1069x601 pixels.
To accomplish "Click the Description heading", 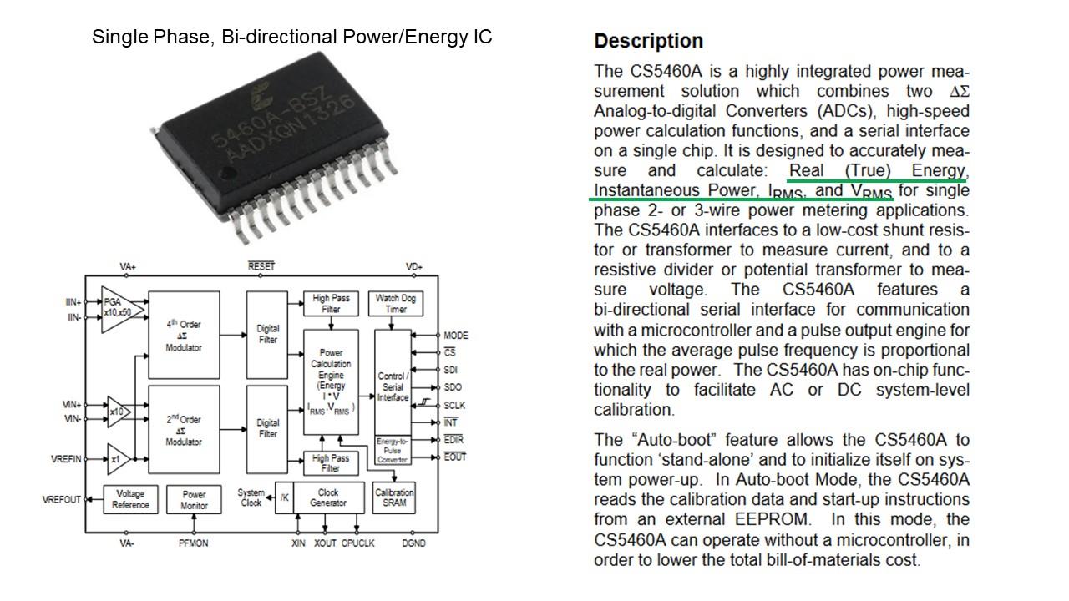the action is pyautogui.click(x=649, y=41).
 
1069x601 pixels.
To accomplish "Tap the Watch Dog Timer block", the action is pyautogui.click(x=396, y=304).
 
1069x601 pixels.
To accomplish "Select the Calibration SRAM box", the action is pyautogui.click(x=394, y=497).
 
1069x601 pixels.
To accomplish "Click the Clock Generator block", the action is pyautogui.click(x=328, y=497).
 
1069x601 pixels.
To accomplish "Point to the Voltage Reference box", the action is pyautogui.click(x=130, y=499).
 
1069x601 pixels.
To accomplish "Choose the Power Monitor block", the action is pyautogui.click(x=194, y=499).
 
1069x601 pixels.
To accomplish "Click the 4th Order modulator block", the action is pyautogui.click(x=184, y=336).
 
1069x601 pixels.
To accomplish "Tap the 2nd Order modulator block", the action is pyautogui.click(x=184, y=430).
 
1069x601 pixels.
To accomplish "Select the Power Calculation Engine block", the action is pyautogui.click(x=332, y=382).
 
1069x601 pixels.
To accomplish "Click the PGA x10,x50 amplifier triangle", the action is pyautogui.click(x=119, y=310).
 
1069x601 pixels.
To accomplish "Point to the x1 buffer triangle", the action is pyautogui.click(x=118, y=459).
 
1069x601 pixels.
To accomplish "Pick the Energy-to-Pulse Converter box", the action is pyautogui.click(x=393, y=450).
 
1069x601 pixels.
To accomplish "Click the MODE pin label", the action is pyautogui.click(x=456, y=336).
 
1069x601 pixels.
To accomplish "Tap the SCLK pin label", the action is pyautogui.click(x=454, y=406).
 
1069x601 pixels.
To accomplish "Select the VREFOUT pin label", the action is pyautogui.click(x=62, y=500).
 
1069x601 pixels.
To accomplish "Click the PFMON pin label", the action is pyautogui.click(x=193, y=543).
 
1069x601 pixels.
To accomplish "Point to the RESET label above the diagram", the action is pyautogui.click(x=261, y=266).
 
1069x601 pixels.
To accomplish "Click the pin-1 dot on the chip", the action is pyautogui.click(x=229, y=172).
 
